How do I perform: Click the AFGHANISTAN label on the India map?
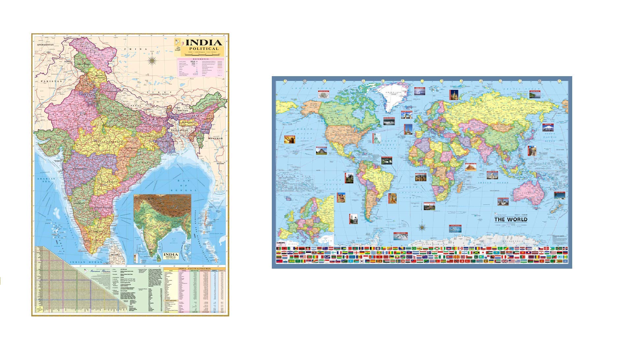pos(45,45)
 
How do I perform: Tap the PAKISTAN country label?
pos(51,81)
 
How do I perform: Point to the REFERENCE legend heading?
pos(201,59)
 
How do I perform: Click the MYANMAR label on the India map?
pos(215,138)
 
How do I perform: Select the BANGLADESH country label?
pos(179,131)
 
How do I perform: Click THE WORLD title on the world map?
pos(511,220)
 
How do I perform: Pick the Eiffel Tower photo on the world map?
pos(408,129)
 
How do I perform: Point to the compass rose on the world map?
pos(422,227)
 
